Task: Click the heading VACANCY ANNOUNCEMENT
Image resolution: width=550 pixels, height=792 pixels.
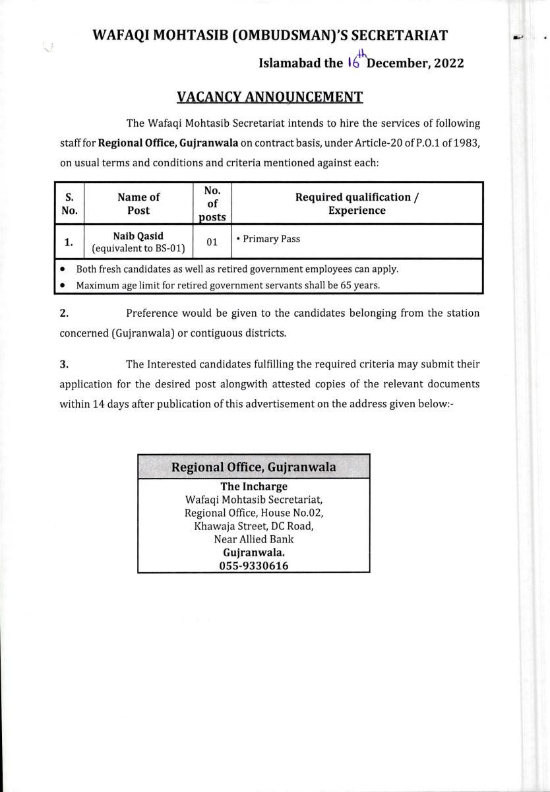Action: pyautogui.click(x=270, y=98)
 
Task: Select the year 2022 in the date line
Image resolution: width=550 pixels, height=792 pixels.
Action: pyautogui.click(x=448, y=63)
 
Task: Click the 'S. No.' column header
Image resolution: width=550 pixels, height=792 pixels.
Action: pyautogui.click(x=70, y=203)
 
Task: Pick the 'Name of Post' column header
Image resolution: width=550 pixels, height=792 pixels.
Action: pyautogui.click(x=138, y=203)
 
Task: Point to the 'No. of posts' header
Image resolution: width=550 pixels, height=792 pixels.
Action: pyautogui.click(x=212, y=203)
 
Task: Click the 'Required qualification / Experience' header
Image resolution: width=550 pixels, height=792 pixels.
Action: pyautogui.click(x=357, y=203)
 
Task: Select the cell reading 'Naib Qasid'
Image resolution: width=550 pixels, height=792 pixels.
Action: pyautogui.click(x=138, y=236)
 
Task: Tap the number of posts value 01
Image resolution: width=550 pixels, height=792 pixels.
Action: pyautogui.click(x=212, y=242)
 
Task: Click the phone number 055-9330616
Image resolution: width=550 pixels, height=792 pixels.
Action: pyautogui.click(x=254, y=566)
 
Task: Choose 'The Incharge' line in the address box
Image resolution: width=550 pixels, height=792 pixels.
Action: pyautogui.click(x=254, y=487)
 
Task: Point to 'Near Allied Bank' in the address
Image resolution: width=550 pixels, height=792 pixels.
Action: pyautogui.click(x=254, y=539)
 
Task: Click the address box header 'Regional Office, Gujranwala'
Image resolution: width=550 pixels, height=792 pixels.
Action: pyautogui.click(x=254, y=467)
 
